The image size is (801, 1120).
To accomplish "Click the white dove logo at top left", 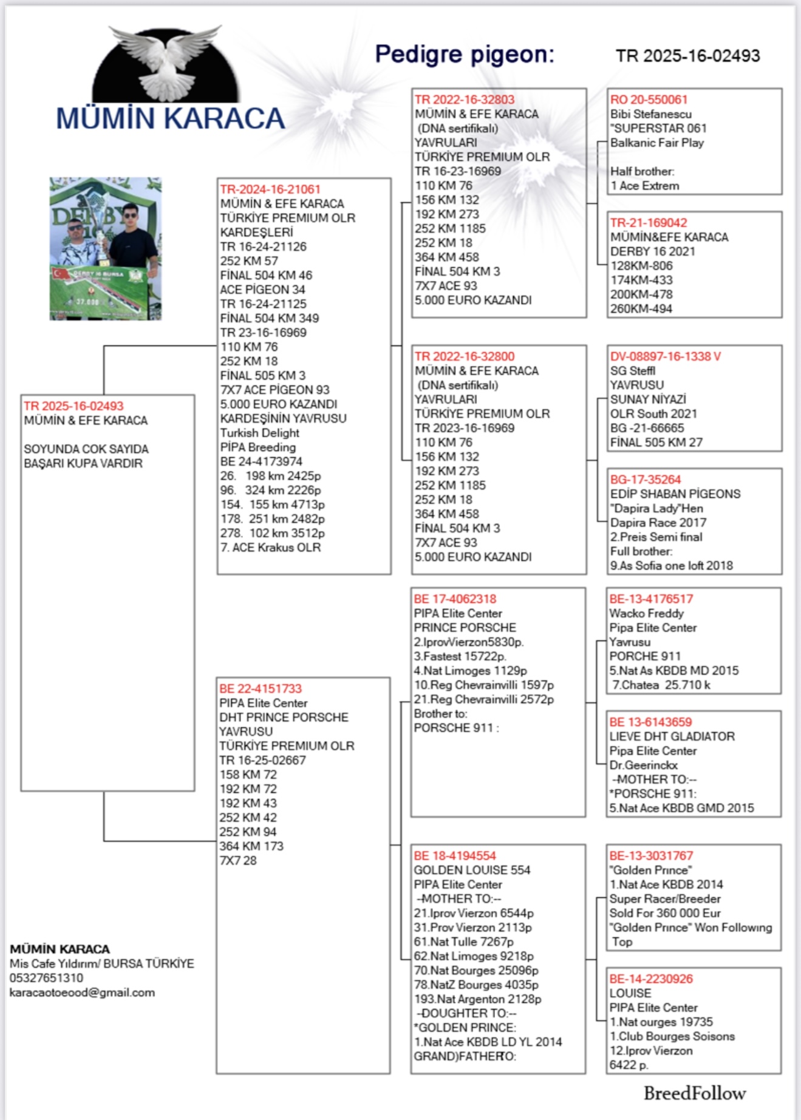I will tap(165, 64).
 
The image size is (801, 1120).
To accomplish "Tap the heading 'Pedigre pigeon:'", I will tap(465, 55).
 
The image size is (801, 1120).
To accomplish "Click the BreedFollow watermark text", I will tap(695, 1093).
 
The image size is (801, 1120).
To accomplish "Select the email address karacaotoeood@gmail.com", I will tap(82, 993).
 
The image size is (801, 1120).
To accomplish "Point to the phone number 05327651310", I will tap(46, 978).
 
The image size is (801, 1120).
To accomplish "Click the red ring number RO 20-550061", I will tap(649, 100).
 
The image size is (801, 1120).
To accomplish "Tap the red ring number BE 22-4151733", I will tap(260, 688).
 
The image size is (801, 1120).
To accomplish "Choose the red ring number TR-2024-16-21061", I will tap(270, 189).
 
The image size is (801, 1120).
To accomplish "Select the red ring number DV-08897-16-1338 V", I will tap(665, 356).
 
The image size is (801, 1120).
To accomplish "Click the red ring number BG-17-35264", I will tap(646, 480).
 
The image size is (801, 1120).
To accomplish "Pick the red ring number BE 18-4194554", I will tap(455, 856).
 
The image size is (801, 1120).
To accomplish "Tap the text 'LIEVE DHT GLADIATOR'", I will tap(672, 736).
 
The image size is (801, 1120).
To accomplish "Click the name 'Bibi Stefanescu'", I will tap(650, 114).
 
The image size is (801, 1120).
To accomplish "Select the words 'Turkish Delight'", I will tap(259, 433).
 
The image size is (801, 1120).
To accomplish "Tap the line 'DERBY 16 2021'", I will tap(652, 251).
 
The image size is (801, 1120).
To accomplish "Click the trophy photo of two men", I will tap(106, 248).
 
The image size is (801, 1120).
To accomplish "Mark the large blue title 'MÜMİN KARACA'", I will tap(170, 118).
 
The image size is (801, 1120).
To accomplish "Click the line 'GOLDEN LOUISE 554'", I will tap(472, 870).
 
